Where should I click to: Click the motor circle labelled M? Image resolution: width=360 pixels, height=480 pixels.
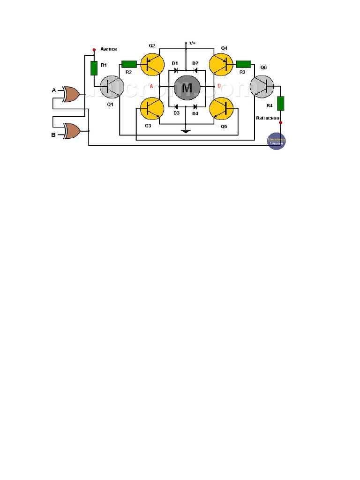pos(187,87)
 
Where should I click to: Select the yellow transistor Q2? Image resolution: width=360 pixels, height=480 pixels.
pos(152,65)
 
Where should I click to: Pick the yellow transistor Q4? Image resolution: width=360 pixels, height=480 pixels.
pos(222,65)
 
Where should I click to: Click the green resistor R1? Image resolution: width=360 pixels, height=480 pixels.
pos(94,68)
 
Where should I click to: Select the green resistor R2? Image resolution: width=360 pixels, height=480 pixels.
pos(129,64)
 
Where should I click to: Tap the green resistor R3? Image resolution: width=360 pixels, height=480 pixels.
pos(244,64)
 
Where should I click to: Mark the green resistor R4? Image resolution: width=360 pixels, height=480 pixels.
pos(281,103)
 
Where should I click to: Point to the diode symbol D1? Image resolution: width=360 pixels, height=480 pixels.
pos(176,70)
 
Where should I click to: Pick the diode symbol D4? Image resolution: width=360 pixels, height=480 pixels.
pos(195,106)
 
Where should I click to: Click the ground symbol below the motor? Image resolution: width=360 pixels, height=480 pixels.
pos(186,130)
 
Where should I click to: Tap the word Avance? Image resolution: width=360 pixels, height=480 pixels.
pos(109,49)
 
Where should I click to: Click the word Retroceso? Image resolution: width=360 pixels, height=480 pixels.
pos(268,118)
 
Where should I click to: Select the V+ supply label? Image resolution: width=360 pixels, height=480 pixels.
pos(192,43)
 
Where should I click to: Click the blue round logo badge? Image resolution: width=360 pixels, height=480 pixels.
pos(276,141)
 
